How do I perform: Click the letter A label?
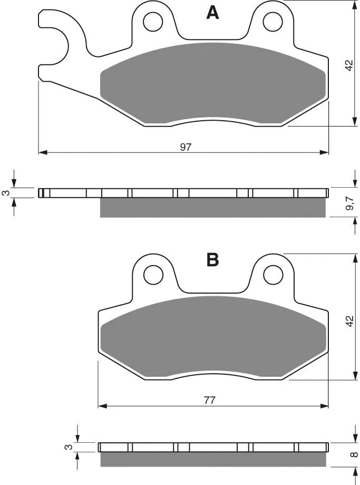[x=212, y=13]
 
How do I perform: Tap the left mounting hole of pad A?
[x=153, y=22]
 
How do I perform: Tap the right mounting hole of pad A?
[x=273, y=22]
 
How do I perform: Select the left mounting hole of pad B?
[x=153, y=274]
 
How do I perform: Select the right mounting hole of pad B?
[x=274, y=274]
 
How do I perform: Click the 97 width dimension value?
[x=186, y=147]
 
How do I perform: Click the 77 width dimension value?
[x=209, y=400]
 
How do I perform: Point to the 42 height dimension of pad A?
[x=349, y=65]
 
